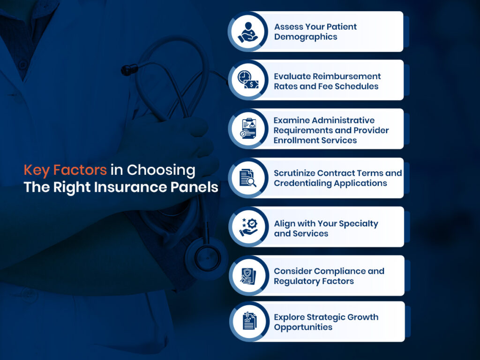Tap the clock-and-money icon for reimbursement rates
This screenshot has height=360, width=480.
(x=247, y=80)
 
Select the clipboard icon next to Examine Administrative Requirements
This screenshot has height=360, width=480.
(x=247, y=129)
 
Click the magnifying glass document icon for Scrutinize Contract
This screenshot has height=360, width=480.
(x=247, y=178)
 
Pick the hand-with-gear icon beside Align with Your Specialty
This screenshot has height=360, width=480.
(x=247, y=227)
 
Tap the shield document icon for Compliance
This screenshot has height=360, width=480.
(x=247, y=276)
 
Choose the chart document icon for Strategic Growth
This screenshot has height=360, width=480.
(x=247, y=322)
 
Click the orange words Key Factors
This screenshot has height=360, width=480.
(x=65, y=170)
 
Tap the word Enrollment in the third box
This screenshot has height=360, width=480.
(x=295, y=140)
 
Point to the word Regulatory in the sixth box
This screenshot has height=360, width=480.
(x=298, y=281)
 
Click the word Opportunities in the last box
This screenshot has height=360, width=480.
(x=303, y=327)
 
